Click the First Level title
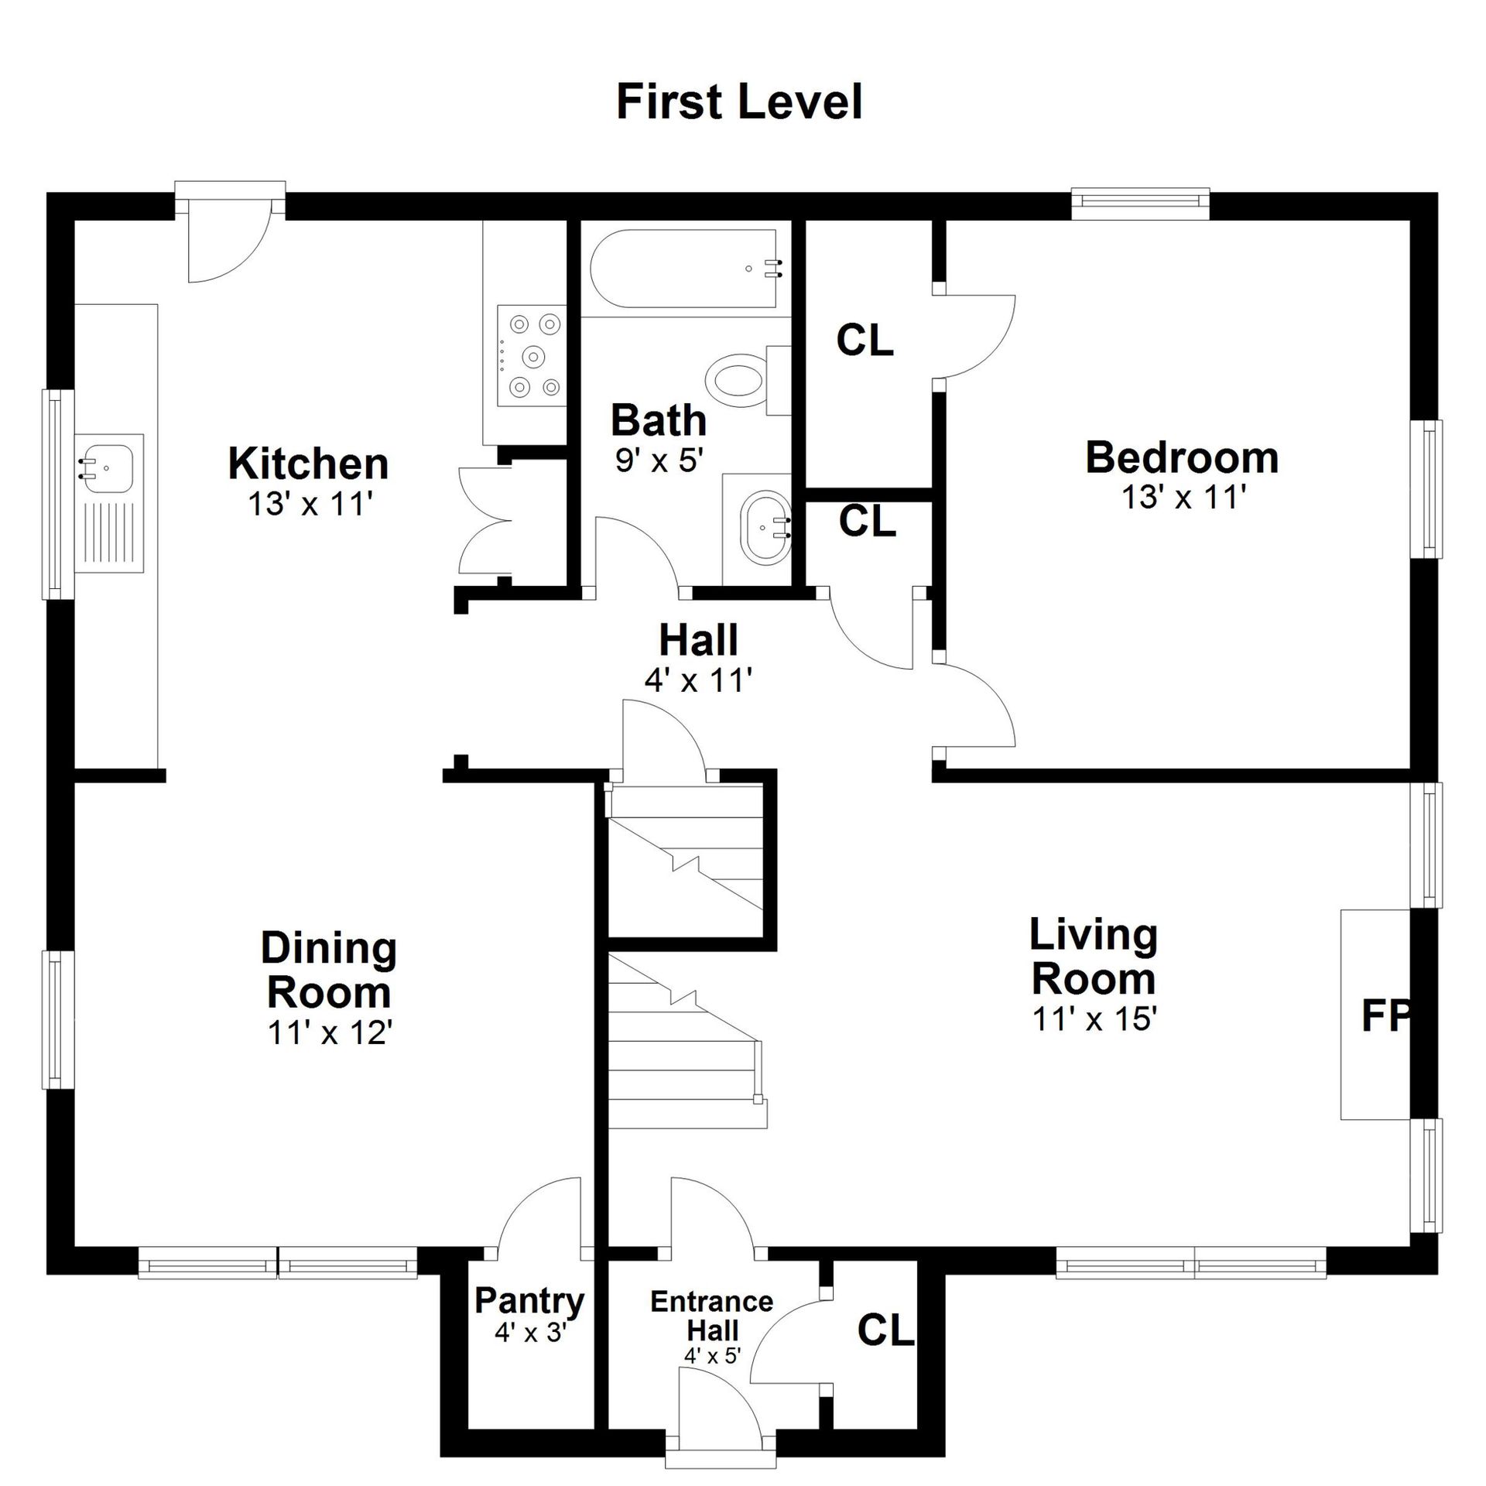[739, 101]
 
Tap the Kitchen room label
[309, 464]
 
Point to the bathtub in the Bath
[685, 269]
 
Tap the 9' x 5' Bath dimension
[659, 461]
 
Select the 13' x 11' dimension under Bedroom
[1183, 497]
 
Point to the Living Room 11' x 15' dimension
[1094, 1019]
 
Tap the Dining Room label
[329, 969]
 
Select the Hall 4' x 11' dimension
[698, 680]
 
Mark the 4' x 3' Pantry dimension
[531, 1332]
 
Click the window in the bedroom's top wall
[1141, 200]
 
